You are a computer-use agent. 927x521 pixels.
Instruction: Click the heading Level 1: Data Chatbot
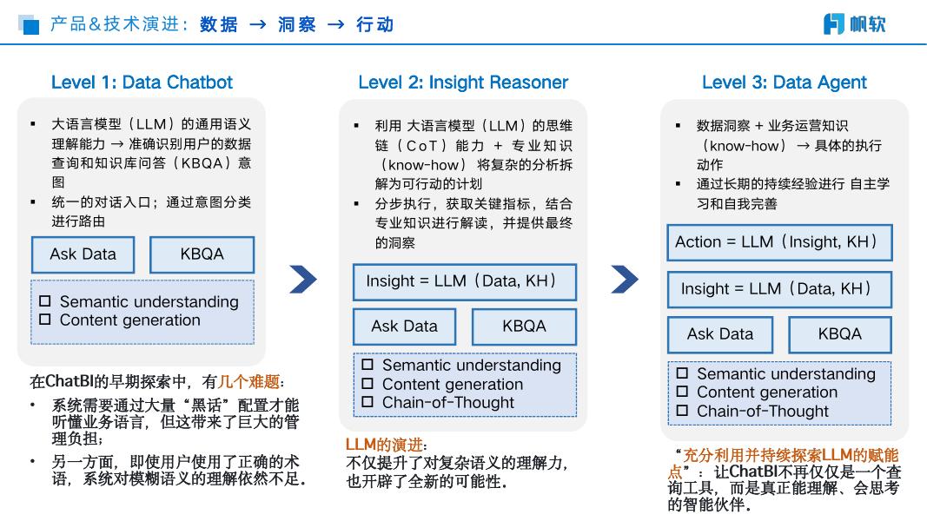click(x=142, y=82)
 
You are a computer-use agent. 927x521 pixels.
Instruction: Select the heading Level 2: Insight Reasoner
click(x=463, y=82)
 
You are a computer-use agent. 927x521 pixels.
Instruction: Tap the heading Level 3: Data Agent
click(x=784, y=82)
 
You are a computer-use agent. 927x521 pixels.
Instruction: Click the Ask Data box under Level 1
click(x=83, y=254)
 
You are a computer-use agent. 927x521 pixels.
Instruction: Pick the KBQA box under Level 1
click(x=202, y=254)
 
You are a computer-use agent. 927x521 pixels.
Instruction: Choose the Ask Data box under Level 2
click(x=404, y=326)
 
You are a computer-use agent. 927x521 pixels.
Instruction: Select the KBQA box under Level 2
click(x=524, y=326)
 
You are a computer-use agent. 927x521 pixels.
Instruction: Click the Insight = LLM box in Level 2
click(x=464, y=281)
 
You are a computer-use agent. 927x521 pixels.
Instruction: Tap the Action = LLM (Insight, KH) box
click(x=779, y=242)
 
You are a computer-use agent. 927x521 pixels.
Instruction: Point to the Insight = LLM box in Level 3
click(x=779, y=289)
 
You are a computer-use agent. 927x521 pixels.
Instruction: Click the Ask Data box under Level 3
click(x=719, y=334)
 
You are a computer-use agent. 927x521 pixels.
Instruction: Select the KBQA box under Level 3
click(x=839, y=334)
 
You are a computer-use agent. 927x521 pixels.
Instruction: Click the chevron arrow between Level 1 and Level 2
click(x=302, y=279)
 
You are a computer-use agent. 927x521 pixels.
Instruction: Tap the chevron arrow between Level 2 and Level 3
click(x=624, y=279)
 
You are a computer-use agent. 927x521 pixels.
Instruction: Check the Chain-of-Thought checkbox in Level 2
click(x=367, y=402)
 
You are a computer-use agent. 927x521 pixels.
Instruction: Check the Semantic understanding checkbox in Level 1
click(x=45, y=301)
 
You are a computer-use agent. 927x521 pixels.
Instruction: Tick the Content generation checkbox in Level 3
click(x=682, y=392)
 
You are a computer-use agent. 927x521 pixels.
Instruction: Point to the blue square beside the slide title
click(x=30, y=27)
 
